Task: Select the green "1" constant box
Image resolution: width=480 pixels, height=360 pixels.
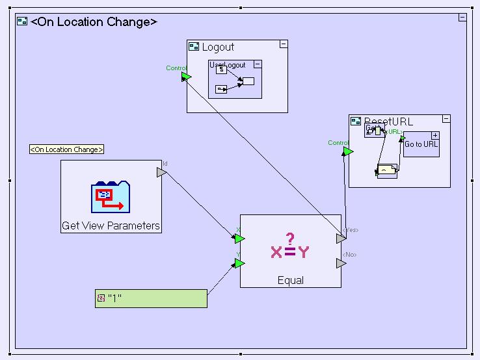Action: point(151,298)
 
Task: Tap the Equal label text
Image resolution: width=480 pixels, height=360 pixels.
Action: point(290,281)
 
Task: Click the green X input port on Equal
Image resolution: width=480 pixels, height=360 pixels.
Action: point(239,238)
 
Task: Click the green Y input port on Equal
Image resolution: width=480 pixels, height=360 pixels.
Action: point(239,263)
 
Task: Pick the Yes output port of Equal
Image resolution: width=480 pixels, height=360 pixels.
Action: point(341,238)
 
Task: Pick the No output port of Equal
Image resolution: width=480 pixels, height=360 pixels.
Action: point(341,263)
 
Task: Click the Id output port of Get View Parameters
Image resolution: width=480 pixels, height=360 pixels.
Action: point(161,172)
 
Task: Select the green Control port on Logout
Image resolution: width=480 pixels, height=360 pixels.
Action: point(186,77)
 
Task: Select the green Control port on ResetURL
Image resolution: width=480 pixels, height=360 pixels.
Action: point(348,151)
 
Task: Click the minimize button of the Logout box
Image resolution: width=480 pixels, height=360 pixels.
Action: point(283,44)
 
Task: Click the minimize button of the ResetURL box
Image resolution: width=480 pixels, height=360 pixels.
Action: point(446,120)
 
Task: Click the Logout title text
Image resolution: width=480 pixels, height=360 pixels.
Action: point(218,47)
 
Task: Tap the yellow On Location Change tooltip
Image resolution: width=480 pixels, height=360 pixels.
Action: point(66,149)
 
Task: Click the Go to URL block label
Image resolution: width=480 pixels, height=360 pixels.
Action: point(421,144)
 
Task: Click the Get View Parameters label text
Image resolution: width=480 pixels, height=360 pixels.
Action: point(111,226)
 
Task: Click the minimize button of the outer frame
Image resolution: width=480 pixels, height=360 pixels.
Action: point(462,18)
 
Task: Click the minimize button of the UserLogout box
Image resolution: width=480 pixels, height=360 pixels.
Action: point(258,64)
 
